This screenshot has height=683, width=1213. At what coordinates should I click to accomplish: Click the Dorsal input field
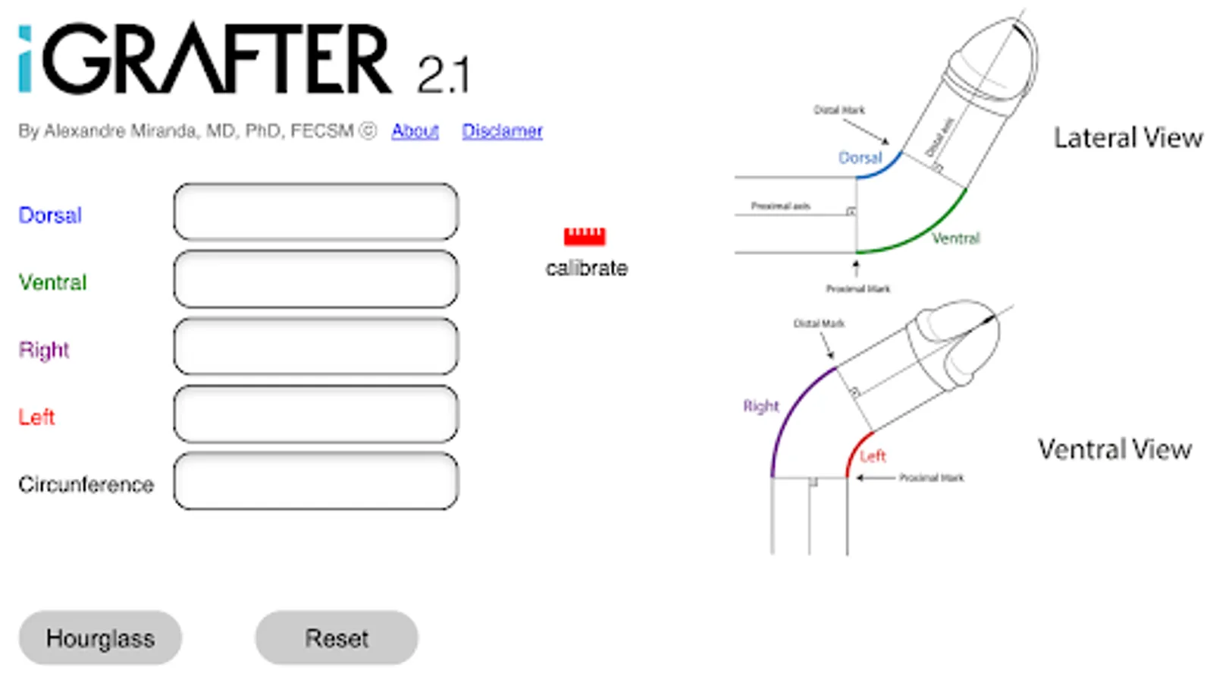[x=315, y=212]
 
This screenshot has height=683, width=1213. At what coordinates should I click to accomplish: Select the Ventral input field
[x=315, y=279]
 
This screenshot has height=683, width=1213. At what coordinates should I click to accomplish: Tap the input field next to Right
[x=315, y=347]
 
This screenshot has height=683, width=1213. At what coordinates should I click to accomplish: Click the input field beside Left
[x=315, y=414]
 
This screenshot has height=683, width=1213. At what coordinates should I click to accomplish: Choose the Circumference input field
[x=315, y=481]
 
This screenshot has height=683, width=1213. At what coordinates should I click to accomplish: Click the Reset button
[x=336, y=638]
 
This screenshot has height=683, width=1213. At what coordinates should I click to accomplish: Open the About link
[x=415, y=131]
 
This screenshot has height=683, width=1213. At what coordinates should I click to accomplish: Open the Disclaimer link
[x=502, y=131]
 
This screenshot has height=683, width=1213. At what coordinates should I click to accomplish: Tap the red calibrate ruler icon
[x=585, y=236]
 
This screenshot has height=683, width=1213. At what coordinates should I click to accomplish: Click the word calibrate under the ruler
[x=586, y=268]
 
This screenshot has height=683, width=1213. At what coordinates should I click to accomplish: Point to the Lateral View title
[x=1127, y=138]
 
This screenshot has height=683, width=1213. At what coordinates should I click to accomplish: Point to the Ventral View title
[x=1114, y=449]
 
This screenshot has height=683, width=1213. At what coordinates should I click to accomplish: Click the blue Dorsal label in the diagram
[x=860, y=158]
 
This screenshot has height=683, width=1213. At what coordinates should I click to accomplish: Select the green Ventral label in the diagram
[x=955, y=238]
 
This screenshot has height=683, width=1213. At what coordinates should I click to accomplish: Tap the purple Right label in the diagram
[x=760, y=406]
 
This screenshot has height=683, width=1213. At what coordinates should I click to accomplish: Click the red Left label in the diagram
[x=873, y=456]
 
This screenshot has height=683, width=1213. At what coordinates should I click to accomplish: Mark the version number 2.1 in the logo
[x=443, y=75]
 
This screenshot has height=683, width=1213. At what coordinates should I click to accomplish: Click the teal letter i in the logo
[x=25, y=60]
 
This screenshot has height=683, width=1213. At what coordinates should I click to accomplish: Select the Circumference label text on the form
[x=86, y=485]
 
